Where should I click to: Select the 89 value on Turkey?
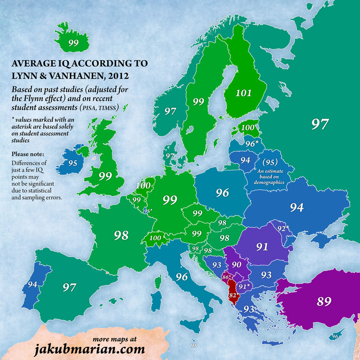pyautogui.click(x=324, y=301)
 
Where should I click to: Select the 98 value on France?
pyautogui.click(x=121, y=235)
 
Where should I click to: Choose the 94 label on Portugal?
pyautogui.click(x=32, y=284)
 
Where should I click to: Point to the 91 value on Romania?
pyautogui.click(x=262, y=247)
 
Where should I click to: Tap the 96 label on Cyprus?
pyautogui.click(x=335, y=336)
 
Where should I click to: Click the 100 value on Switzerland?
pyautogui.click(x=156, y=238)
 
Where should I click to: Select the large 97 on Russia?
pyautogui.click(x=319, y=124)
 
